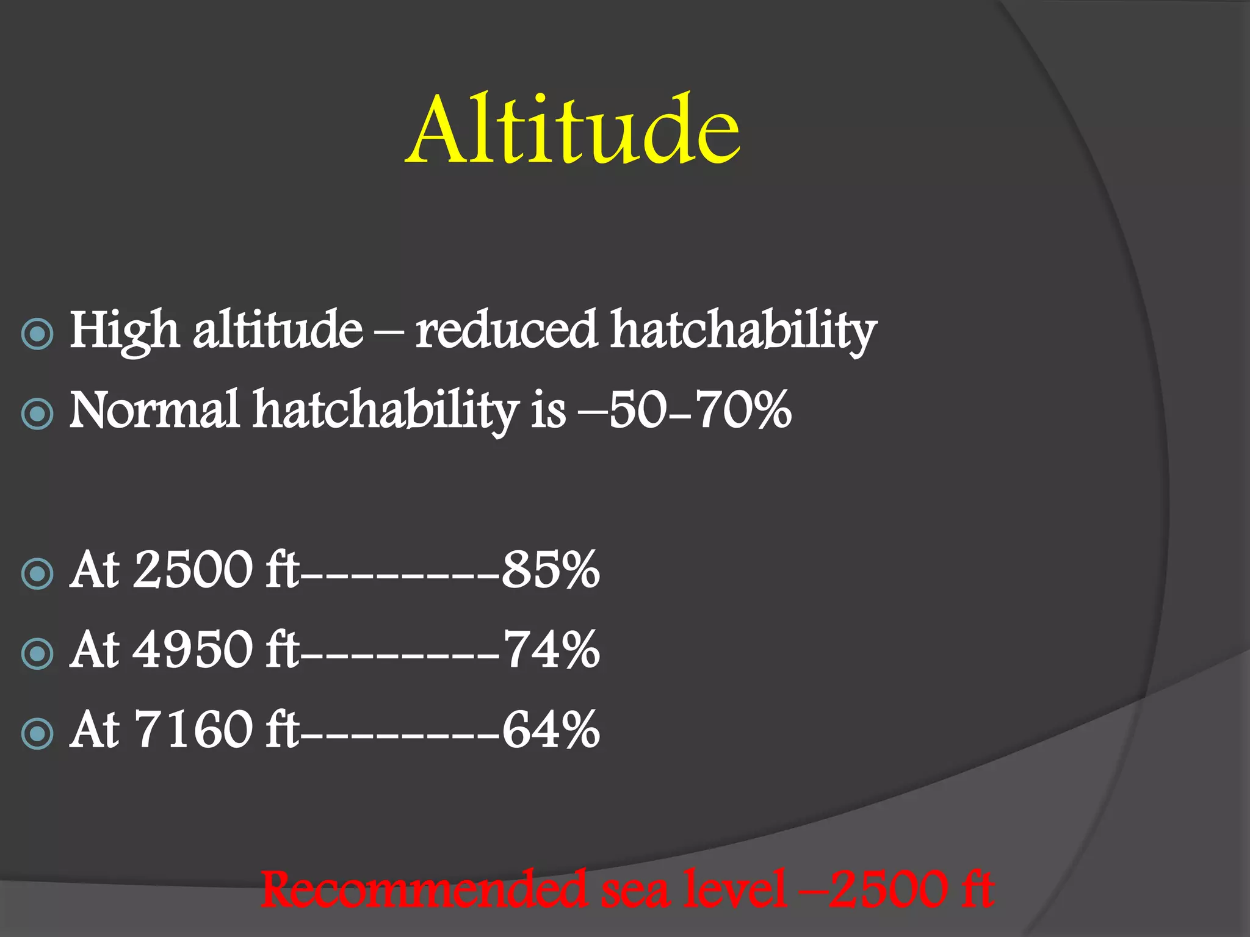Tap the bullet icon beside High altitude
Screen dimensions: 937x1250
click(37, 334)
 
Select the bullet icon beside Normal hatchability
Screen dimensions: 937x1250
click(37, 414)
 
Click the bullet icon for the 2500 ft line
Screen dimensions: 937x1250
click(37, 573)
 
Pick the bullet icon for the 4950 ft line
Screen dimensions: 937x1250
click(37, 653)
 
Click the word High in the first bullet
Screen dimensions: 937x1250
click(124, 331)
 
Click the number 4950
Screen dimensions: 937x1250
click(192, 650)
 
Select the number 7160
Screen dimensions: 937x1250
click(192, 730)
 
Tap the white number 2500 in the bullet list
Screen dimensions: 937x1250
click(192, 570)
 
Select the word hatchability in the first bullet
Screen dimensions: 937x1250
click(743, 331)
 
